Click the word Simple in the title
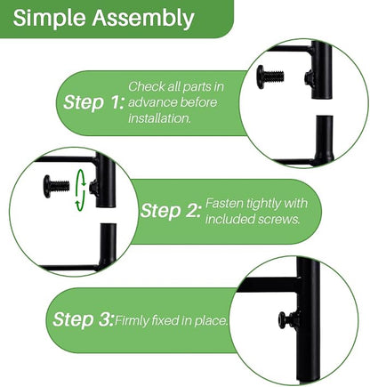tap(49, 19)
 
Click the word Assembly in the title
tap(143, 19)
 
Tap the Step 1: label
tap(93, 102)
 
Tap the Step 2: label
tap(170, 211)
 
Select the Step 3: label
tap(83, 319)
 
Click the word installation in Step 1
tap(159, 118)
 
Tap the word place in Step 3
tap(211, 321)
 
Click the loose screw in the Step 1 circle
tap(270, 77)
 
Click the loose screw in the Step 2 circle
tap(56, 186)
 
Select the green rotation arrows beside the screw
tap(80, 190)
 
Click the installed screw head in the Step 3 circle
tap(282, 320)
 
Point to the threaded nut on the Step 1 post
tap(309, 78)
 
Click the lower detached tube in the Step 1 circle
tap(324, 139)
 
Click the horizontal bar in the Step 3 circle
tap(268, 285)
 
